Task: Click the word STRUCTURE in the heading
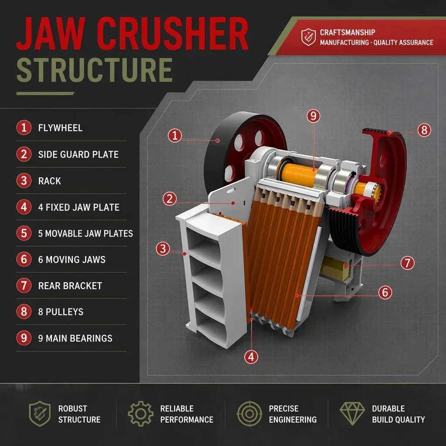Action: pos(95,70)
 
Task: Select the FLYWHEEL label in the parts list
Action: pos(60,128)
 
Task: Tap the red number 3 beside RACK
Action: pos(24,181)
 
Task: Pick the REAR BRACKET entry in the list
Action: pos(70,286)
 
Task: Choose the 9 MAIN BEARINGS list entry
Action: pos(75,338)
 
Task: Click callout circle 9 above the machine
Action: pos(314,116)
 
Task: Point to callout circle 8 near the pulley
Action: pos(424,130)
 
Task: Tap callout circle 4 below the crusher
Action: pos(251,357)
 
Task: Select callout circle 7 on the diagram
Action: pos(407,263)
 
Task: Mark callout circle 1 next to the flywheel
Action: pos(175,135)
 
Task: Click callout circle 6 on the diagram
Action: pos(385,292)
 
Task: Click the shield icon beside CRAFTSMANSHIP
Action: pos(308,37)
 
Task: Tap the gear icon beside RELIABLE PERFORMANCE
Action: pos(141,414)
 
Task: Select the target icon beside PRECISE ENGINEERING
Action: pos(250,414)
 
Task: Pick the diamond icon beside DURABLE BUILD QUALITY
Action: pos(352,414)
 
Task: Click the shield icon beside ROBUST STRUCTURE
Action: pos(40,414)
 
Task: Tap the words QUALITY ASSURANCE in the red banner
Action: pos(403,43)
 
